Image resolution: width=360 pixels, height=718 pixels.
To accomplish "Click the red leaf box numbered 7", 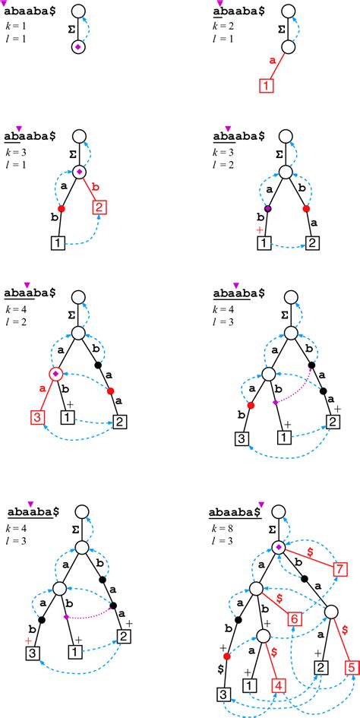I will tap(340, 569).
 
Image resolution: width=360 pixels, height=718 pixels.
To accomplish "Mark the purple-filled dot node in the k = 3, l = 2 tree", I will tap(267, 209).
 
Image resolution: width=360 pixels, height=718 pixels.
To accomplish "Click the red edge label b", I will tap(93, 185).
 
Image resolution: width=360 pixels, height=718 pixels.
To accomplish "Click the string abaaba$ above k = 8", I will tap(236, 510).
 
